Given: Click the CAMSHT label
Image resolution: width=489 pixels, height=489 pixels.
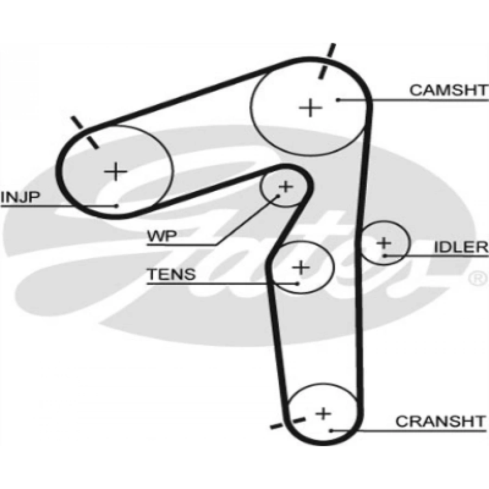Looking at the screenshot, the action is click(448, 90).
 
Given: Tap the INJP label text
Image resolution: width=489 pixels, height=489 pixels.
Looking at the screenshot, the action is click(21, 197).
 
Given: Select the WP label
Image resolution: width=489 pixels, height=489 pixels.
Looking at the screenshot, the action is click(162, 236).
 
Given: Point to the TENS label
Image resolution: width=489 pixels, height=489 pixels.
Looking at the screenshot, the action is click(171, 274).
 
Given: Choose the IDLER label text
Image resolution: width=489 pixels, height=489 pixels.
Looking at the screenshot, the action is click(461, 247).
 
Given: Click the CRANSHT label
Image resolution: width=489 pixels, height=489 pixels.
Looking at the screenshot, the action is click(441, 421).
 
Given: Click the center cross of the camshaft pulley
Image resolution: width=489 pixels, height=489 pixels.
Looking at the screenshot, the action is click(310, 108).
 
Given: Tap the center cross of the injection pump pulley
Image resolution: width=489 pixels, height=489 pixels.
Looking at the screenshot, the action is click(116, 172).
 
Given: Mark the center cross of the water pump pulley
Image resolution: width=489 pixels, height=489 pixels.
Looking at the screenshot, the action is click(286, 187).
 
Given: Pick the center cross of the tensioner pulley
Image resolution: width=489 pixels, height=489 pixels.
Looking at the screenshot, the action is click(301, 267).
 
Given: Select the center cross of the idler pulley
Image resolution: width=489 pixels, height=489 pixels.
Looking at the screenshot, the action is click(384, 243).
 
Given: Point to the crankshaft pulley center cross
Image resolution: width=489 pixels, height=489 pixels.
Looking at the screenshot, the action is click(323, 413).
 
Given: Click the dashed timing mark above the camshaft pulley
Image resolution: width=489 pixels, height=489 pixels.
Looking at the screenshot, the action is click(327, 61).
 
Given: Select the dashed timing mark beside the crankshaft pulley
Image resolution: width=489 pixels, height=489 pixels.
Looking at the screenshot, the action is click(287, 423).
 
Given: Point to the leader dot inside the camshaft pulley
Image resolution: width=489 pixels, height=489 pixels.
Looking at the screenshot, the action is click(338, 100).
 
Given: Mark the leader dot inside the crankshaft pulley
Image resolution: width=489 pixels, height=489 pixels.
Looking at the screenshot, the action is click(331, 431).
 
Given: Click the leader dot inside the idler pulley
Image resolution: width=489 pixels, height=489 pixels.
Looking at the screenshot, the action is click(385, 256).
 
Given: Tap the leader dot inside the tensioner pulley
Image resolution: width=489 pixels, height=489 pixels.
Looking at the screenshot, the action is click(298, 284).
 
